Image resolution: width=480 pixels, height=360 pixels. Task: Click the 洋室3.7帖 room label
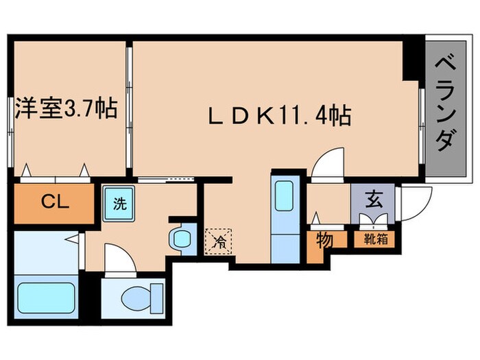(x=66, y=109)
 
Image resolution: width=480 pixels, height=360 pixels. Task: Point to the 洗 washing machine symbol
(x=119, y=203)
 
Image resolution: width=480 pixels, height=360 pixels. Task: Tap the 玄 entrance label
(x=373, y=201)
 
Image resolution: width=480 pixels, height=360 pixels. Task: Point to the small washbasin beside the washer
(x=182, y=239)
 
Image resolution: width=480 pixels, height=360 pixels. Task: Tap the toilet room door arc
(x=115, y=260)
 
